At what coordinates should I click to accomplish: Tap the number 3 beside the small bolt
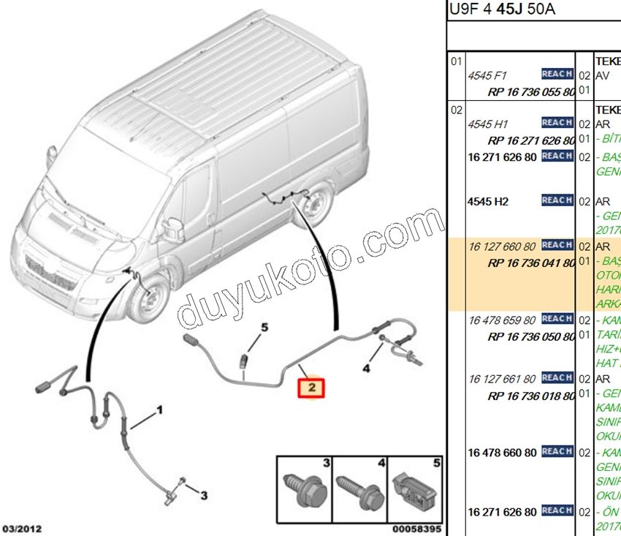[x=204, y=495]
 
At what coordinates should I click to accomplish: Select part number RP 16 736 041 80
[x=531, y=263]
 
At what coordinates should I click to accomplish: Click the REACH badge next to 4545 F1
[x=557, y=74]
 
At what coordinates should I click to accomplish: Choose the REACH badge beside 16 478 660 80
[x=557, y=452]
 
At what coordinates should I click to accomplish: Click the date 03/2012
[x=21, y=528]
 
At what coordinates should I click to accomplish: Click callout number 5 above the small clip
[x=264, y=328]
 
